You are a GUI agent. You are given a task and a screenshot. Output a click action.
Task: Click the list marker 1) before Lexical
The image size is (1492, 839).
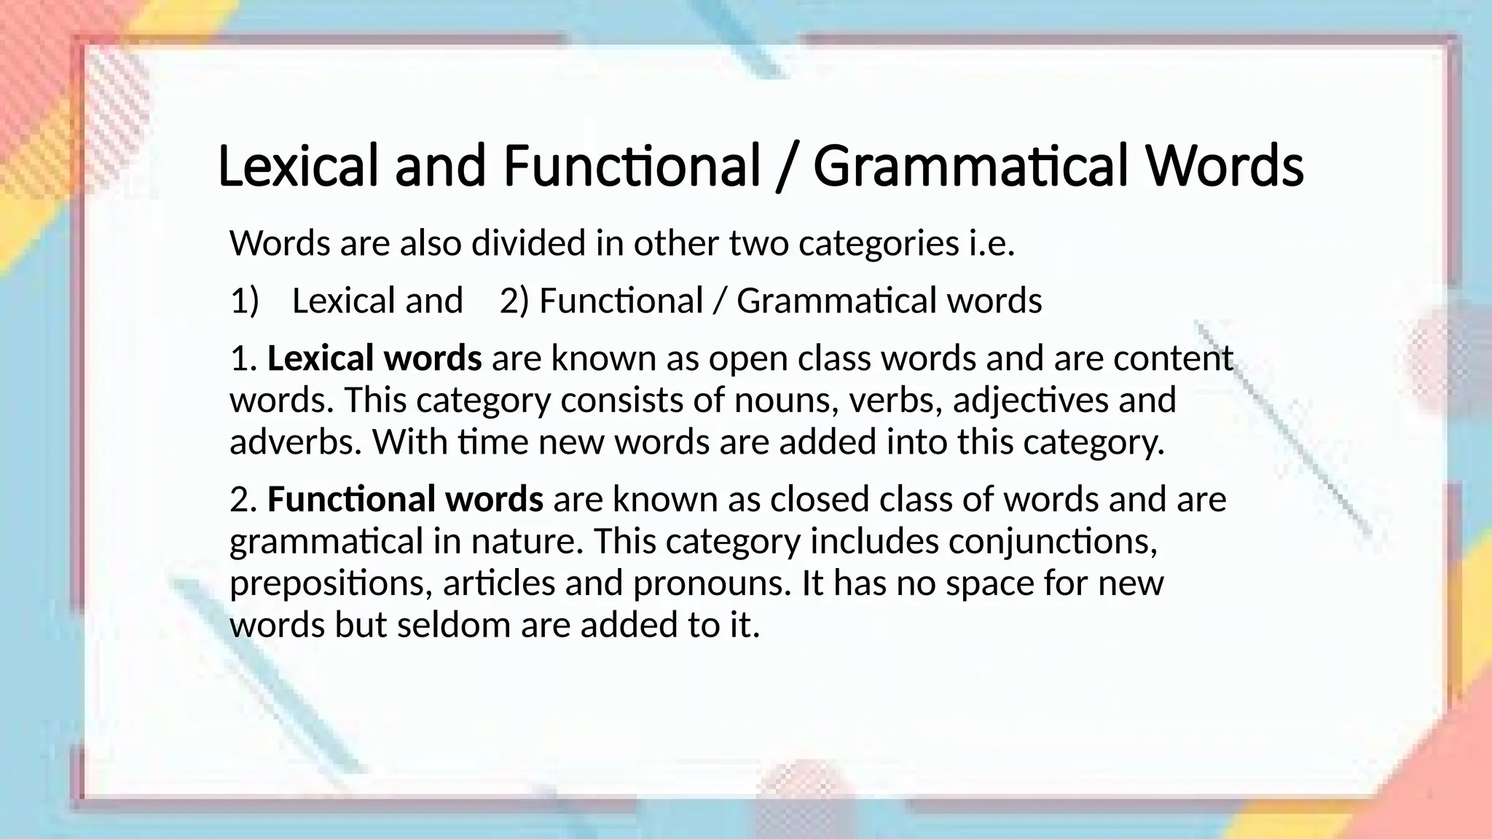click(244, 301)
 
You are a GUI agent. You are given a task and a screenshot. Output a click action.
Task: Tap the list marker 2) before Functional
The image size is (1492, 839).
click(514, 301)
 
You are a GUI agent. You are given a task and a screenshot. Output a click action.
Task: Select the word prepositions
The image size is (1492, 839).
click(331, 583)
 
